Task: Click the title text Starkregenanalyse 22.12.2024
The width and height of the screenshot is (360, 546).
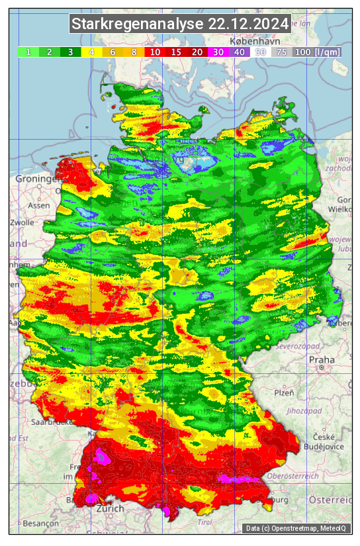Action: coord(180,24)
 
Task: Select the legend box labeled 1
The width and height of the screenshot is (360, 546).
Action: coord(28,52)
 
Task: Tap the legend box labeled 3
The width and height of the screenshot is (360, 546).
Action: coord(70,52)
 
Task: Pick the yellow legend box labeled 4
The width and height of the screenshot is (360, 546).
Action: coord(91,52)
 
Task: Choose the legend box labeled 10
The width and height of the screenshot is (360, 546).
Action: coord(155,52)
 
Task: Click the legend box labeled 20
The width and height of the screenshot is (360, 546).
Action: coord(197,52)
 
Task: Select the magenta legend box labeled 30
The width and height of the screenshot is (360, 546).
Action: coord(218,52)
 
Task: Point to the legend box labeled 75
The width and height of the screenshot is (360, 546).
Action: coord(282,52)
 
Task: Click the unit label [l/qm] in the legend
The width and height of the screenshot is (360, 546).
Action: coord(328,52)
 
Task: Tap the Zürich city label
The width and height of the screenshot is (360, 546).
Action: coord(110,508)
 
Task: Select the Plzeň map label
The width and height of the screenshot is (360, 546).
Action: coord(284,392)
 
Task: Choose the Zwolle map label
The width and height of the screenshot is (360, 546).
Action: coord(21,222)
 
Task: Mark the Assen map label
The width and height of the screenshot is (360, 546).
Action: coord(39,205)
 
